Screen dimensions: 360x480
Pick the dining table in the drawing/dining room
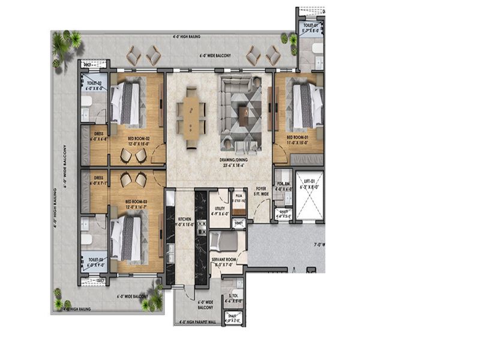pos(191,114)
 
